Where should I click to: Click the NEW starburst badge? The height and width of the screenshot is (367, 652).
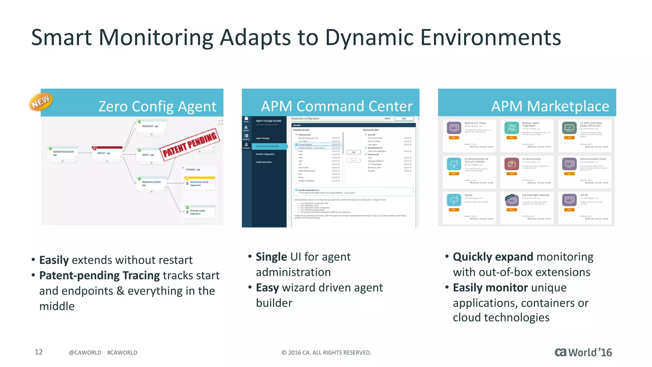(x=41, y=102)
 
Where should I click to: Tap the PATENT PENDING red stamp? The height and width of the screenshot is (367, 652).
(x=190, y=144)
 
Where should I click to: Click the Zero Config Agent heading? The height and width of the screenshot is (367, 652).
(x=157, y=106)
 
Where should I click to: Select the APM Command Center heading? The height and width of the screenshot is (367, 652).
(x=337, y=106)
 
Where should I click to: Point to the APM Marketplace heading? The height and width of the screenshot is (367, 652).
(x=550, y=106)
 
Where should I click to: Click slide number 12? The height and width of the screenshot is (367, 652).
(x=39, y=352)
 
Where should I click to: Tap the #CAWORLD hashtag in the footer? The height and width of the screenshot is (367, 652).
(x=122, y=352)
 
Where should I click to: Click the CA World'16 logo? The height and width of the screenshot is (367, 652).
(x=583, y=352)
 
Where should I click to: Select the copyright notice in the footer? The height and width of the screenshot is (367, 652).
(x=326, y=352)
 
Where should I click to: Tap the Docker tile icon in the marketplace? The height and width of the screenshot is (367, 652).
(x=454, y=200)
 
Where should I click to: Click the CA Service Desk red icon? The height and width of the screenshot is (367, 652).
(x=511, y=164)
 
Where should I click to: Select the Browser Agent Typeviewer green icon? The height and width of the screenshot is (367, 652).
(x=511, y=128)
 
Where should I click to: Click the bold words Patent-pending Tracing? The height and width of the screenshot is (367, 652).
(x=99, y=276)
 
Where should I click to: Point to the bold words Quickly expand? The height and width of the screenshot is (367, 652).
(x=493, y=257)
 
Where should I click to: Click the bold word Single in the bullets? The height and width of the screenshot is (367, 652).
(x=271, y=257)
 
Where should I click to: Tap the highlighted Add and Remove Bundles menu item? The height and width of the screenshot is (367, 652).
(x=268, y=146)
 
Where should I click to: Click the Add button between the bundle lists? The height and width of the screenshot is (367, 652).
(x=353, y=152)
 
